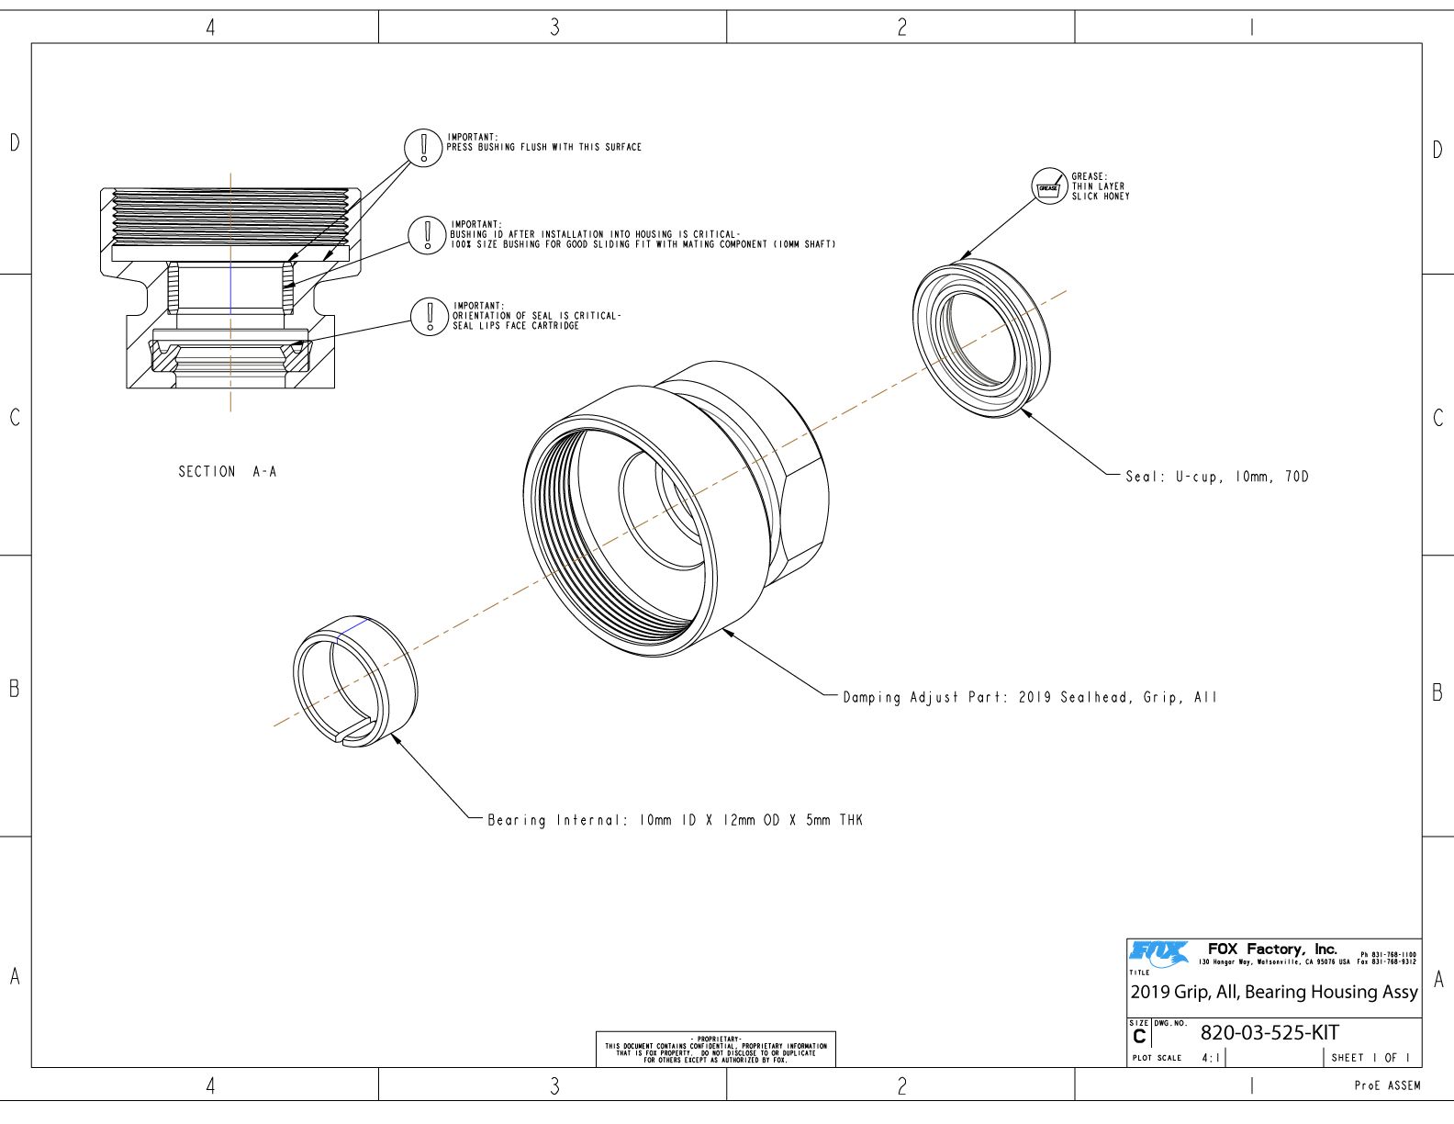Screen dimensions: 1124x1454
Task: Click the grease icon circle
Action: coord(1048,185)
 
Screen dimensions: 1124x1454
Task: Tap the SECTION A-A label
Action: coord(227,471)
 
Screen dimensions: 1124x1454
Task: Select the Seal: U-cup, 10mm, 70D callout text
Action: coord(1217,477)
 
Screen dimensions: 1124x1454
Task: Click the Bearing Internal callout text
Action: coord(675,820)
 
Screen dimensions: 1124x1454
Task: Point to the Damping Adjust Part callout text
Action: coord(1030,697)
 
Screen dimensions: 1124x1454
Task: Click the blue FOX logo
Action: coord(1158,954)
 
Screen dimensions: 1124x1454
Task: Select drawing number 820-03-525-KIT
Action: coord(1269,1032)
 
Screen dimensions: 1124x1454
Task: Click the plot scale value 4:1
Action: coord(1212,1058)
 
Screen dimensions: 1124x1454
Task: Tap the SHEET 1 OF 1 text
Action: coord(1370,1058)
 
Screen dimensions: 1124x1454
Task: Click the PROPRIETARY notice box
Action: coord(716,1049)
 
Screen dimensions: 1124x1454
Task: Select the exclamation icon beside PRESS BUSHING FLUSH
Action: coord(423,147)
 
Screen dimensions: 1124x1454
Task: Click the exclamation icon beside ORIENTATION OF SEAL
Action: coord(429,316)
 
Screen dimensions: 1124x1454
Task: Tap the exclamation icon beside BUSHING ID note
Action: coord(427,234)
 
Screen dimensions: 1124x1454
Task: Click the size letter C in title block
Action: coord(1139,1037)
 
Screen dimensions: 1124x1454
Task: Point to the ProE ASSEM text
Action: coord(1387,1085)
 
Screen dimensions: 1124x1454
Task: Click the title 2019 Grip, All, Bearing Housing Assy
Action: coord(1274,992)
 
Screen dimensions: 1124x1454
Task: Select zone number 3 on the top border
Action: coord(554,28)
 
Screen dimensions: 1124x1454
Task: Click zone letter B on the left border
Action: coord(14,689)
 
